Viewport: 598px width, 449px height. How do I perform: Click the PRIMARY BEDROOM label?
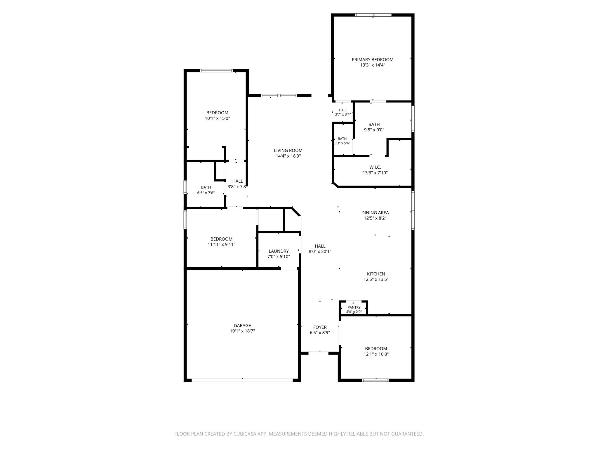pos(372,60)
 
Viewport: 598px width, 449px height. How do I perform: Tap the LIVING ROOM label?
pos(288,151)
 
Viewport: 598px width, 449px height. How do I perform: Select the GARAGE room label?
pos(242,326)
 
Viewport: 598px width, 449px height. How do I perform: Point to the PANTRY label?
pos(354,308)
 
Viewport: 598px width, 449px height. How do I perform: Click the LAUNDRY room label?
pos(279,251)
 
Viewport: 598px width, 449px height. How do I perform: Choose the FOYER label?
pos(320,327)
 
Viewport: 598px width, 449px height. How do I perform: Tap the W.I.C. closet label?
pos(375,167)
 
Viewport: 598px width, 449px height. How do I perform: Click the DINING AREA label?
pos(375,213)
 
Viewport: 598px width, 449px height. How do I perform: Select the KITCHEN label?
pos(376,274)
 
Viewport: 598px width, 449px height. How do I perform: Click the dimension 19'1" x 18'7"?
pos(242,331)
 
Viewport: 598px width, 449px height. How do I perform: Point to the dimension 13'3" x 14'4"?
pos(373,65)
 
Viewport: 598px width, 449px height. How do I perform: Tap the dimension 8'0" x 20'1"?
pos(320,251)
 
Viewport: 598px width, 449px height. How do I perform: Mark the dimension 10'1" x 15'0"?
pos(218,118)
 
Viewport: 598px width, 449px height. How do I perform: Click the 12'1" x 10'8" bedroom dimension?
pos(376,354)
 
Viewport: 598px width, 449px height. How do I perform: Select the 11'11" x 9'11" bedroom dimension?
pos(221,245)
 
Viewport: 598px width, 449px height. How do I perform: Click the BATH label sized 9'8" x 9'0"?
pos(374,125)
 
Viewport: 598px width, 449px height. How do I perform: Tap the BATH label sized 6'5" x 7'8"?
pos(206,187)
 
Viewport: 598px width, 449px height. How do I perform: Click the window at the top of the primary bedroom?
pos(373,15)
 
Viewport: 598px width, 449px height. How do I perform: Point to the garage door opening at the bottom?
pos(242,380)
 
